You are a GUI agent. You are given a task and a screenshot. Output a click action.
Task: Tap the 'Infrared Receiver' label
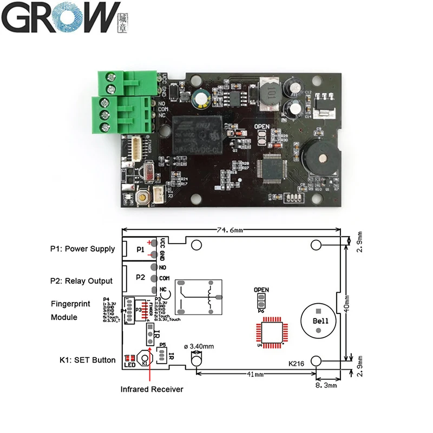pos(152,389)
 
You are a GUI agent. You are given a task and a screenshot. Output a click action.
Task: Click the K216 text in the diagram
pos(296,364)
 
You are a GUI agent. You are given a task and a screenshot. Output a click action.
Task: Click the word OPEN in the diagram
pos(261,290)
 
